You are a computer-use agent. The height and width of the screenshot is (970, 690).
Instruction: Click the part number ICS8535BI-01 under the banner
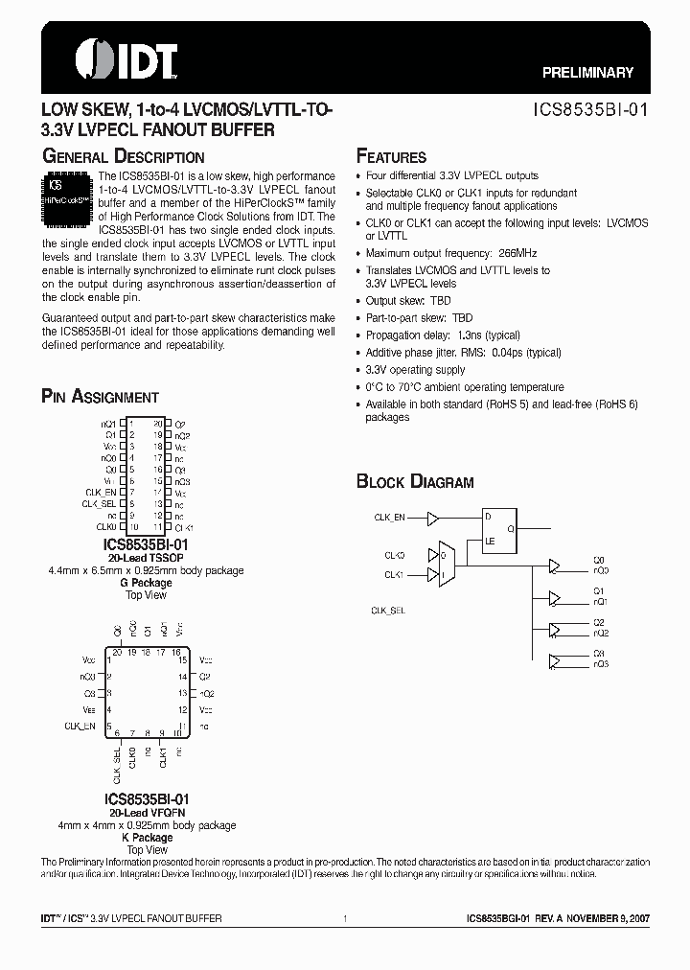[591, 109]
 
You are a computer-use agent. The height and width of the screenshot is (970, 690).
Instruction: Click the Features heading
[391, 157]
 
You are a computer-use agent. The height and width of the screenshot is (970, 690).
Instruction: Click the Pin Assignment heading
[100, 397]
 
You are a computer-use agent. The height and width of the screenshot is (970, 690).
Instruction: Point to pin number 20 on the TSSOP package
[158, 423]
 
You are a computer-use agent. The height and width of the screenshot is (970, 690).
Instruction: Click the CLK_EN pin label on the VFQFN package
[80, 726]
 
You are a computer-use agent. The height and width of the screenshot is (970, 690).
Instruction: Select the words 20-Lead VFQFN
[148, 811]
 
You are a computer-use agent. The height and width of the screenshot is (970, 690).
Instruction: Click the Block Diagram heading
[415, 482]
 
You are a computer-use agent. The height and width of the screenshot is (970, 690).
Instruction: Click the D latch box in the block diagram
[502, 527]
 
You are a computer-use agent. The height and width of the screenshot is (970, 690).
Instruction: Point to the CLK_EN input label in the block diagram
[389, 518]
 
